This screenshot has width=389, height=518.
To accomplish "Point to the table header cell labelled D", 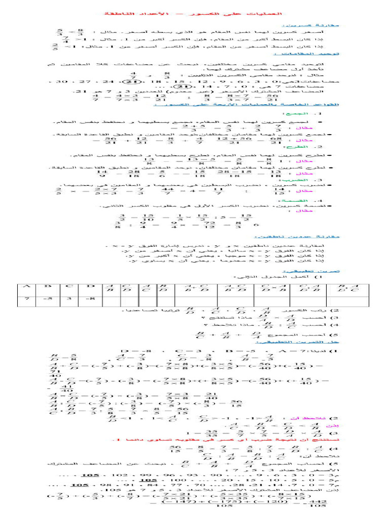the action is pyautogui.click(x=91, y=287).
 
